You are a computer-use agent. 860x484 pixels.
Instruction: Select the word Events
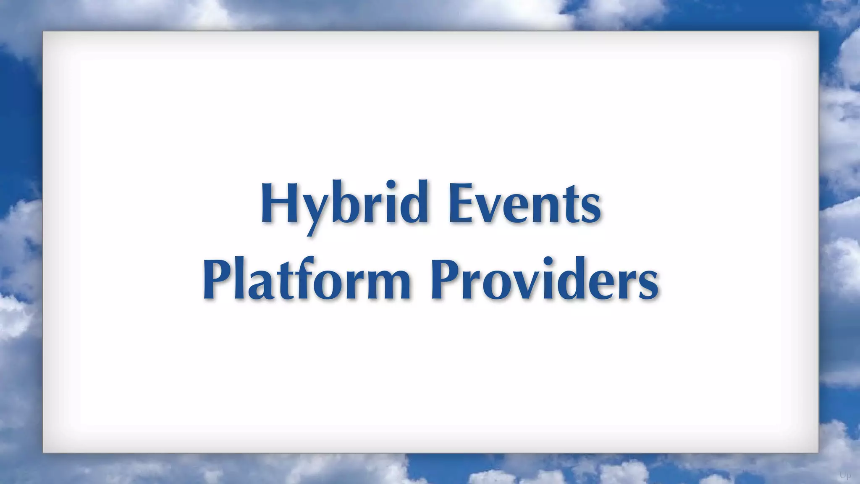[525, 204]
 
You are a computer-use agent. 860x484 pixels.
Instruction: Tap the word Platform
[307, 279]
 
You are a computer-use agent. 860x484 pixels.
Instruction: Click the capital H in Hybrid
[279, 203]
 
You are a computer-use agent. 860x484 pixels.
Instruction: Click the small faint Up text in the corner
[845, 476]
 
